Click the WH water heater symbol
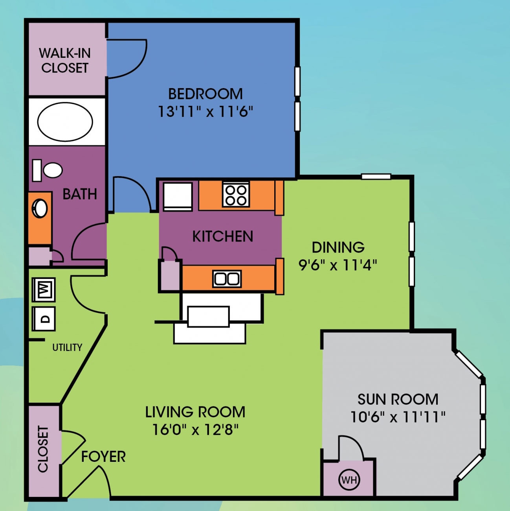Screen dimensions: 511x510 349,480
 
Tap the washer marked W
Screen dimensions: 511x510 44,290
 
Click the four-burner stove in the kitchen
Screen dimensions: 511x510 236,194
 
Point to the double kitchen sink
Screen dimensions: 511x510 227,279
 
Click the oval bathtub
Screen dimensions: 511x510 65,122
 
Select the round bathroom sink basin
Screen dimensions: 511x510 40,208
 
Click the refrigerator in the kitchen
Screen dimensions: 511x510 178,196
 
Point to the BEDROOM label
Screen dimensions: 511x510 205,94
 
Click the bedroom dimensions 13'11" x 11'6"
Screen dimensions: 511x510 205,112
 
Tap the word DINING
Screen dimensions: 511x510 338,247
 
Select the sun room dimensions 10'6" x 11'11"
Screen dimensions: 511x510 398,417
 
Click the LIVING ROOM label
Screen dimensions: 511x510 195,412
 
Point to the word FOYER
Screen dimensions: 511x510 103,457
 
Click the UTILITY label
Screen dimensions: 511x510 67,347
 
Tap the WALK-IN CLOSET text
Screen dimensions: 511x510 65,60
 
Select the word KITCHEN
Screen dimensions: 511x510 222,236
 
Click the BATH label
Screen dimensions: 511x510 80,194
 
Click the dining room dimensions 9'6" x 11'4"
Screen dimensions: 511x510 338,265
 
